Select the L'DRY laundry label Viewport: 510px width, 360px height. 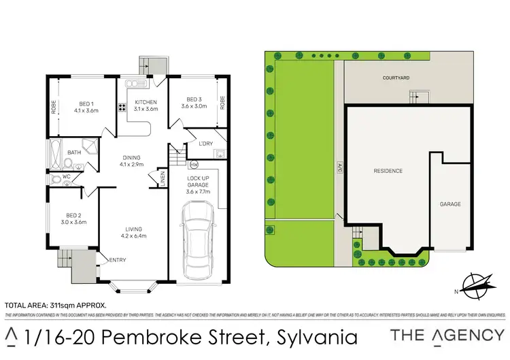(x=204, y=144)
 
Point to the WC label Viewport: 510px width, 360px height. (x=67, y=177)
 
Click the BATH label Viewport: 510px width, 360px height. (x=74, y=152)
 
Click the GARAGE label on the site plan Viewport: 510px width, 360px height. (x=450, y=203)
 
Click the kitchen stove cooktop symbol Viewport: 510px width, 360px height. (x=123, y=106)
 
